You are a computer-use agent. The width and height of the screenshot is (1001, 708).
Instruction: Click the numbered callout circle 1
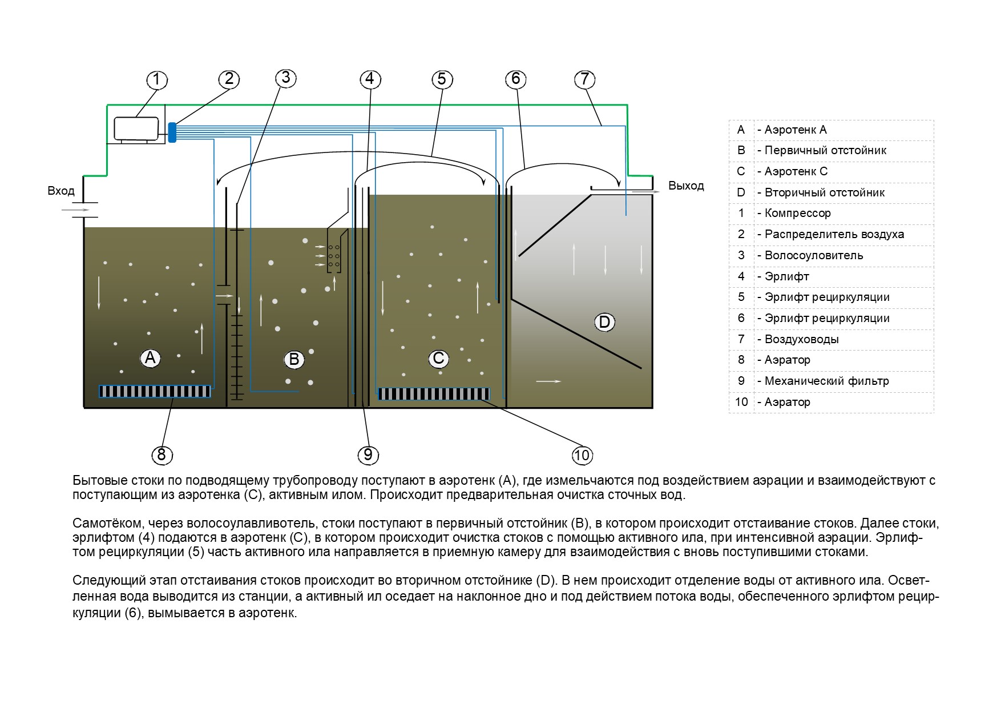pyautogui.click(x=157, y=79)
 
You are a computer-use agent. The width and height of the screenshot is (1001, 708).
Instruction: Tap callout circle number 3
pyautogui.click(x=286, y=78)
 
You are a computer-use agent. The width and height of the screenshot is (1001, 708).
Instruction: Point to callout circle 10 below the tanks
pyautogui.click(x=582, y=455)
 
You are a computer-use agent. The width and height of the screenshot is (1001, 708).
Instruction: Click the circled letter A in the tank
pyautogui.click(x=150, y=358)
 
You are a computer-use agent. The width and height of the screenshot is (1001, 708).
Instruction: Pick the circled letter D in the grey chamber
pyautogui.click(x=604, y=322)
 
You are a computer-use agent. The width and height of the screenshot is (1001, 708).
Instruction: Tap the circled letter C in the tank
pyautogui.click(x=438, y=359)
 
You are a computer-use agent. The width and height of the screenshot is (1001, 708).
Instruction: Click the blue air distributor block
pyautogui.click(x=172, y=132)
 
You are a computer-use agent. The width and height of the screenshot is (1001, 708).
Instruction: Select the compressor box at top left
pyautogui.click(x=136, y=128)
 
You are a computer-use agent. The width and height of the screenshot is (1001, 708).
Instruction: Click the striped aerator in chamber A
pyautogui.click(x=155, y=391)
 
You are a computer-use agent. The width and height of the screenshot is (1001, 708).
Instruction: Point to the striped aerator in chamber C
pyautogui.click(x=434, y=394)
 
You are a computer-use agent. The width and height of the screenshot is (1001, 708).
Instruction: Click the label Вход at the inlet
pyautogui.click(x=61, y=191)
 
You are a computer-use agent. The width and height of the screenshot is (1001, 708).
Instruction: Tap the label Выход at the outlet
pyautogui.click(x=686, y=186)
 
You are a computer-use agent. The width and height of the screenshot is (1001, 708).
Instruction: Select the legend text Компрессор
pyautogui.click(x=797, y=213)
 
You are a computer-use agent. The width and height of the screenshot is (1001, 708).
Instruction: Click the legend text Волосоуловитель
pyautogui.click(x=813, y=255)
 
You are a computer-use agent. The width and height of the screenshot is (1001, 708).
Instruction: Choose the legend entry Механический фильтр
pyautogui.click(x=826, y=381)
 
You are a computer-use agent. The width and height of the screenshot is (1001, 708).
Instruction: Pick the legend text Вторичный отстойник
pyautogui.click(x=824, y=192)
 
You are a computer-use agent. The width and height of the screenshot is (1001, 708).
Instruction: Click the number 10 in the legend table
pyautogui.click(x=741, y=402)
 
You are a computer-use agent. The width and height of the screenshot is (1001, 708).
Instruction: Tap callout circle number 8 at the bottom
pyautogui.click(x=162, y=454)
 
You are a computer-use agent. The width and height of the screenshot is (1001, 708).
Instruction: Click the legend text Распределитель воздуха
pyautogui.click(x=834, y=234)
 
